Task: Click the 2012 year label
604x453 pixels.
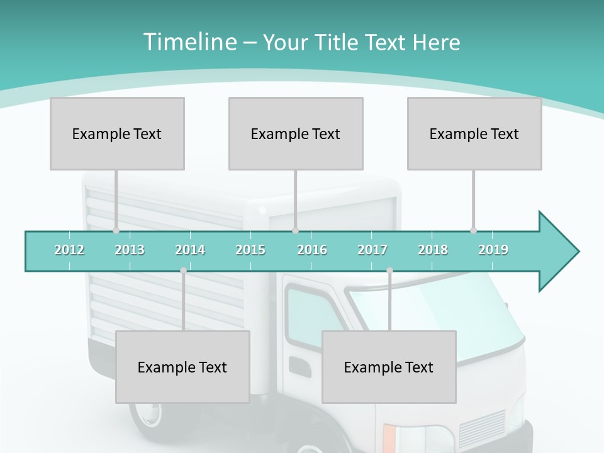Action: (x=69, y=250)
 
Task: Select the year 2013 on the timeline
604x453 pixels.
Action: (x=130, y=250)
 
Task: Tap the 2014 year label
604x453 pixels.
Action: (x=190, y=250)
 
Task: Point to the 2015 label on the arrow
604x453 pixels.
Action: (x=250, y=250)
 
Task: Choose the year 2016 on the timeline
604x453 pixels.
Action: (x=312, y=250)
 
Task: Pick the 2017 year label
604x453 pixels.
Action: (x=372, y=250)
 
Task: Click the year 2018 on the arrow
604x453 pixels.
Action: (x=433, y=250)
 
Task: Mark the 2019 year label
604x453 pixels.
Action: (x=493, y=250)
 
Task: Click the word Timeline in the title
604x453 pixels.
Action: (x=189, y=42)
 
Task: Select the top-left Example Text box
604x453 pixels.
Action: (x=117, y=133)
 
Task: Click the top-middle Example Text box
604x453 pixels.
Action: (x=296, y=133)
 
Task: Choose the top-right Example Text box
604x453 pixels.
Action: (x=474, y=133)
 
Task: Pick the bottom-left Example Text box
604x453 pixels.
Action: (x=182, y=367)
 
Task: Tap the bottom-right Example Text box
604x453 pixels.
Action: (x=389, y=367)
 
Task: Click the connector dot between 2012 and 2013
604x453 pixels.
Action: (x=116, y=230)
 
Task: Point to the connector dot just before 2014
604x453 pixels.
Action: (x=183, y=271)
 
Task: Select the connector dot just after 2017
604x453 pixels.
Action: (x=389, y=271)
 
